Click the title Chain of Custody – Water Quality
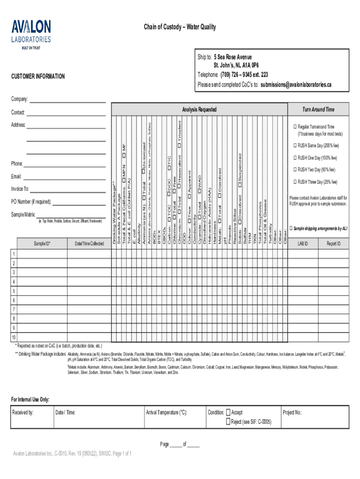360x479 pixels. (x=180, y=27)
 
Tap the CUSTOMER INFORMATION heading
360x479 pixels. (x=38, y=76)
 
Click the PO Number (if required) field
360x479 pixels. (x=79, y=203)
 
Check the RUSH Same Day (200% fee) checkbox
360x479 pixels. (x=295, y=145)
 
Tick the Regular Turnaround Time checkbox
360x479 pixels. (x=295, y=127)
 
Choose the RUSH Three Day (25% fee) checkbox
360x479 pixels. (x=295, y=181)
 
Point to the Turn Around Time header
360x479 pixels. (x=318, y=109)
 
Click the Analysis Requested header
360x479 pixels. (x=200, y=109)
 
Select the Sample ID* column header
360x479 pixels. (x=42, y=244)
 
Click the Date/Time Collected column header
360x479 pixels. (x=89, y=244)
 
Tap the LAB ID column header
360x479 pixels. (x=303, y=244)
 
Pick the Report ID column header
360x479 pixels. (x=333, y=244)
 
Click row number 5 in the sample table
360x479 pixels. (x=14, y=291)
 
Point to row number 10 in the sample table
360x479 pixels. (x=14, y=337)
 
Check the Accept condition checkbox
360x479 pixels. (x=228, y=413)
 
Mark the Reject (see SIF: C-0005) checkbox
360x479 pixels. (x=228, y=422)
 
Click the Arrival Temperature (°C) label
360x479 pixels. (x=166, y=413)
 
